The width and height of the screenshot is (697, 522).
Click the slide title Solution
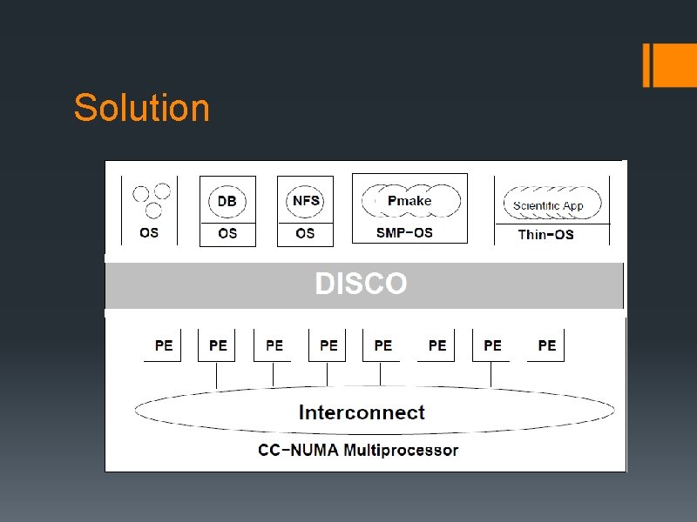(x=142, y=109)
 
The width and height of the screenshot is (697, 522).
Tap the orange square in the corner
(x=674, y=64)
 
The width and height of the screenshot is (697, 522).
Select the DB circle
(x=227, y=201)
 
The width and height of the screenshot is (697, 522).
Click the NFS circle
(x=306, y=201)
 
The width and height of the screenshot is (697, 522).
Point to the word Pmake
(x=409, y=201)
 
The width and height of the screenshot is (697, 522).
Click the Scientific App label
(x=548, y=206)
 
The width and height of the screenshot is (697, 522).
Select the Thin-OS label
(x=545, y=234)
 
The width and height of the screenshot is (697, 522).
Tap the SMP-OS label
(x=404, y=232)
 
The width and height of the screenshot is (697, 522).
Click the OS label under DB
(x=227, y=233)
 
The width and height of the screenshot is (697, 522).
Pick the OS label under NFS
(x=305, y=233)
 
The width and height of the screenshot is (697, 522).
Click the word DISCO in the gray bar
(x=361, y=284)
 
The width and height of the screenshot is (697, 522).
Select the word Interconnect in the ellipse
(x=362, y=412)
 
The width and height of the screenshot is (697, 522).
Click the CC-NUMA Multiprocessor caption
(x=358, y=450)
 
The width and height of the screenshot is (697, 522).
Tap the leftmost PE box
(x=163, y=345)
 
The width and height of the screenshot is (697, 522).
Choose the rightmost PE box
(x=546, y=345)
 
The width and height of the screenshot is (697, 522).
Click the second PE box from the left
(x=218, y=345)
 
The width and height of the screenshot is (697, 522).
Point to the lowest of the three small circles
(x=153, y=210)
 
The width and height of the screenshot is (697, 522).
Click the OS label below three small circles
(x=149, y=233)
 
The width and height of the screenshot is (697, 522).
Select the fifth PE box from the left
(x=382, y=345)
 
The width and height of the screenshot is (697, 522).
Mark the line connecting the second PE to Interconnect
(x=217, y=375)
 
